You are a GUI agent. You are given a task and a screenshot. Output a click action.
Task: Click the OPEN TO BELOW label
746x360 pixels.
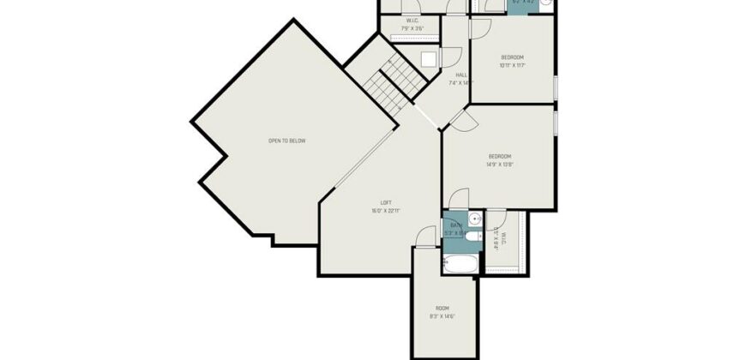coord(286,141)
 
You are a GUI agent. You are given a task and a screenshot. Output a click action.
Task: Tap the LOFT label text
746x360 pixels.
coord(386,202)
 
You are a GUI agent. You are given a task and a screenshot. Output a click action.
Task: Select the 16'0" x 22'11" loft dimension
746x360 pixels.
coord(386,210)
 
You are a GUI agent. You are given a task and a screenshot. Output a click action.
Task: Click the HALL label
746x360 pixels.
coord(460,75)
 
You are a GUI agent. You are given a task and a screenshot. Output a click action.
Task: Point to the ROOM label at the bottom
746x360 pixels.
coord(442,308)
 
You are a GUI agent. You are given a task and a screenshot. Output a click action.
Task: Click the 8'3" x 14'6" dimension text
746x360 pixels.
coord(442,316)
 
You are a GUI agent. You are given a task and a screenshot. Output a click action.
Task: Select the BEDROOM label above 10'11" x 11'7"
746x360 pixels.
coord(512,57)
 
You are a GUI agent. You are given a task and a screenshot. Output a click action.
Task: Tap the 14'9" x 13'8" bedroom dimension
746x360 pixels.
coord(500,164)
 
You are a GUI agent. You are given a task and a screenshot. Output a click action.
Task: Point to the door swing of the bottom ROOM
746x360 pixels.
coord(423,237)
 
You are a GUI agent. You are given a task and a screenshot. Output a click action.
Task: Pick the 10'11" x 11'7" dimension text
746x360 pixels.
coord(512,65)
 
